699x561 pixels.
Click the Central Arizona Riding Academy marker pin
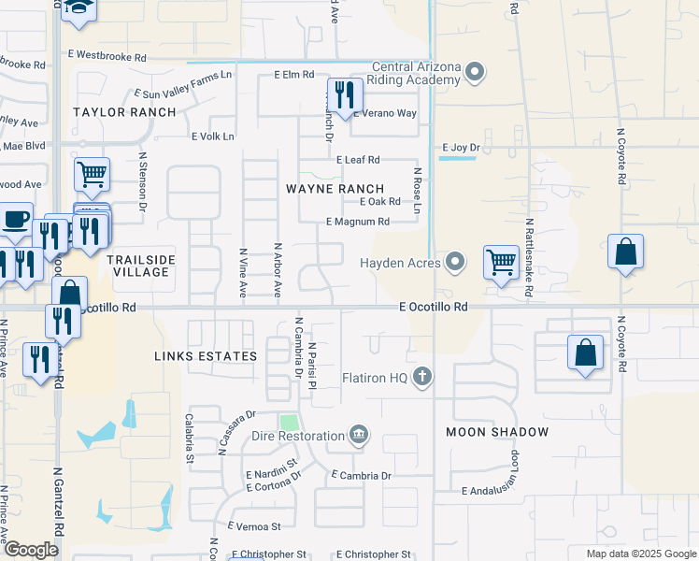475,72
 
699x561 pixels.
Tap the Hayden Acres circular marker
455,262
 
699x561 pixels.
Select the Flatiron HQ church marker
422,377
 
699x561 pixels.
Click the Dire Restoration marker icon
358,435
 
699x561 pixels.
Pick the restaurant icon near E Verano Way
344,95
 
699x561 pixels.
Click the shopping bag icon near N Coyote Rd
625,252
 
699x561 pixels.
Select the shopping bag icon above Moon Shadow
585,353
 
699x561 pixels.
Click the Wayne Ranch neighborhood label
335,189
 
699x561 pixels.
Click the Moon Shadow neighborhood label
496,432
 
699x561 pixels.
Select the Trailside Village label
138,265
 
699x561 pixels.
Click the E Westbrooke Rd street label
107,57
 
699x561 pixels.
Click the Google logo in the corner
31,550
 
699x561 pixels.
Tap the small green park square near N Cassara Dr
289,423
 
